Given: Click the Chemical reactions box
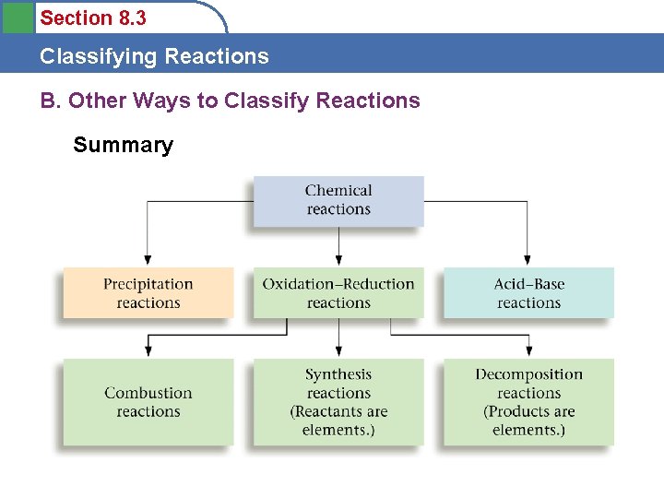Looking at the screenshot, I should click(x=338, y=200).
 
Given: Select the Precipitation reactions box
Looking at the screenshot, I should click(x=148, y=293).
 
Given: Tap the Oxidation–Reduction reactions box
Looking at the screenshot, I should click(x=338, y=293).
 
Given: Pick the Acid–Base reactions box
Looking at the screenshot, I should click(x=528, y=293).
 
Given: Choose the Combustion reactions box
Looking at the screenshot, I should click(x=148, y=402).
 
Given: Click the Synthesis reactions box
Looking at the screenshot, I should click(x=338, y=402).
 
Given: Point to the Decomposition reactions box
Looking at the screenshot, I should click(x=528, y=402).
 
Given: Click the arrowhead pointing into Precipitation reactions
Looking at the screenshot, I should click(x=148, y=261).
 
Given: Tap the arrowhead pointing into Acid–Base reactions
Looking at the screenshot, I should click(x=528, y=261).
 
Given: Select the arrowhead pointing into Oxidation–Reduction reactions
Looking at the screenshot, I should click(x=338, y=261).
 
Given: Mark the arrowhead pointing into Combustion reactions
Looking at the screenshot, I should click(x=148, y=351).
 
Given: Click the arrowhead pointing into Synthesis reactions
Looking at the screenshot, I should click(x=338, y=351).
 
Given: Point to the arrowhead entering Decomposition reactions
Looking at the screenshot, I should click(x=528, y=351).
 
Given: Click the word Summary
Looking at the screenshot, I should click(x=123, y=146).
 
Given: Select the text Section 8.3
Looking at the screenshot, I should click(x=93, y=18).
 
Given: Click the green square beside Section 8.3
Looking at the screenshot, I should click(x=18, y=18).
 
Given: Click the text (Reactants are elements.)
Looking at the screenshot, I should click(x=338, y=421).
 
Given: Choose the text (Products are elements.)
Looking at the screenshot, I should click(x=528, y=421).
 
